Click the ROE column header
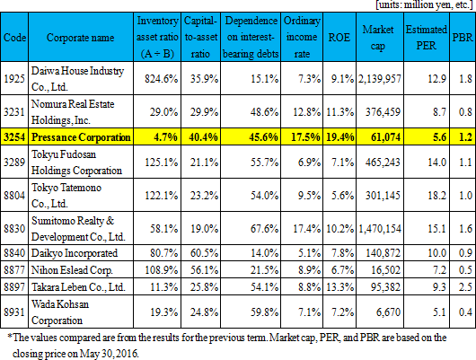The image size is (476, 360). (339, 38)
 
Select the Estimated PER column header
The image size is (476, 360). (427, 38)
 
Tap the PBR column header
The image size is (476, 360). (463, 38)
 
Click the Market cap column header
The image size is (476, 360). (378, 38)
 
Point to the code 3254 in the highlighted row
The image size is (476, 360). (14, 136)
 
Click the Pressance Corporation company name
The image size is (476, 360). (81, 137)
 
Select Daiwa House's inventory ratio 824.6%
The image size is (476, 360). (161, 79)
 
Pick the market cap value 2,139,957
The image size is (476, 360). (380, 79)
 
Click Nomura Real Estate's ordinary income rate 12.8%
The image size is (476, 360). (306, 112)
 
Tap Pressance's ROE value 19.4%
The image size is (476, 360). (340, 136)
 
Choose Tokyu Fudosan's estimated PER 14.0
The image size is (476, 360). (436, 162)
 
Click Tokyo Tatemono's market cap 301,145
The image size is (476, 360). (383, 195)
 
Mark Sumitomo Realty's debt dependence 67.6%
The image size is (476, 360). (264, 228)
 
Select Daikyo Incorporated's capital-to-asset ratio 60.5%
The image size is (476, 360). (204, 253)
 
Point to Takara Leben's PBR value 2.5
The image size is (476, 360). (465, 287)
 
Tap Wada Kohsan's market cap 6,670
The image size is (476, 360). (388, 312)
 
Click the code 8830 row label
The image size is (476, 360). (14, 228)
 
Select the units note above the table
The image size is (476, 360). (425, 5)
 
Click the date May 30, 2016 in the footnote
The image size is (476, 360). (109, 354)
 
